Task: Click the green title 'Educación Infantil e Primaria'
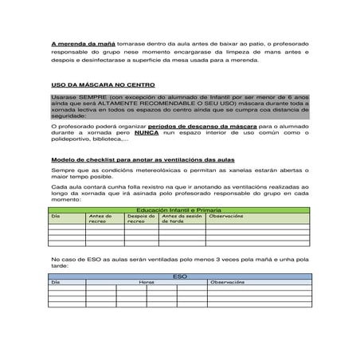(179, 208)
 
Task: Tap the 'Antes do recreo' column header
(100, 217)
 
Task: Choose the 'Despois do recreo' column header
(141, 217)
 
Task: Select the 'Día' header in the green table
(56, 214)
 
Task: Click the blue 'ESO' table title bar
(179, 276)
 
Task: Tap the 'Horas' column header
(147, 282)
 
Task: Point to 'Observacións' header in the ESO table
(227, 282)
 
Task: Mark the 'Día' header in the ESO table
(56, 282)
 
